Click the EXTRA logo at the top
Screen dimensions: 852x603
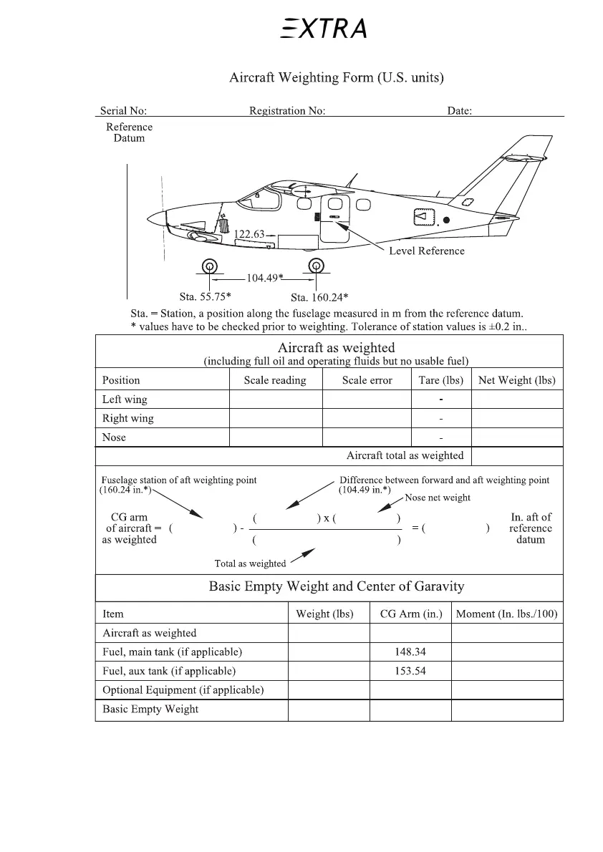324,29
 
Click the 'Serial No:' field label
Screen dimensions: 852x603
123,111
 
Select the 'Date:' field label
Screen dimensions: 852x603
459,111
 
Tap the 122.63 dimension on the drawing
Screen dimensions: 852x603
249,234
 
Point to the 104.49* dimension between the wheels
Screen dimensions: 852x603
264,278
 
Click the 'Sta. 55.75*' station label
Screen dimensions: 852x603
205,296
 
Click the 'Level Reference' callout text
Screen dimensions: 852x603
426,251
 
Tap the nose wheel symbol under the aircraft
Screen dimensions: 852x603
209,266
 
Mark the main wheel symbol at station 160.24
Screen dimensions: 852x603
316,266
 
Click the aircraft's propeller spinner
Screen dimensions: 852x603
155,218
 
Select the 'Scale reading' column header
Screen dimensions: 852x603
275,380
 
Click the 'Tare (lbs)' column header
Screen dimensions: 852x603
440,380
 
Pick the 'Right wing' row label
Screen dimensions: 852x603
127,418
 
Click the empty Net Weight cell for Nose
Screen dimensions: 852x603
517,437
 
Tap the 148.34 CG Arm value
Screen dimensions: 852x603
410,652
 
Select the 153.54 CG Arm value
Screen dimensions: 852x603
410,671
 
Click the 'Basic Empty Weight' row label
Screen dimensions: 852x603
150,710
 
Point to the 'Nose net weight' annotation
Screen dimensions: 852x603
438,498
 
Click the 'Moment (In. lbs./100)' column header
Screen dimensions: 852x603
506,614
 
